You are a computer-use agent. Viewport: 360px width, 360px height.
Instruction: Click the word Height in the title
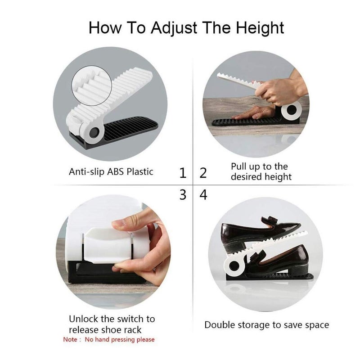point(260,28)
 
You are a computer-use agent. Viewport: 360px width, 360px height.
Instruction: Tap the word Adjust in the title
point(174,28)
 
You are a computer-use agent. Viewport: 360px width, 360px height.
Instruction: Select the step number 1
point(183,173)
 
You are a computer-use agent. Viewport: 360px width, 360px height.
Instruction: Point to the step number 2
point(203,173)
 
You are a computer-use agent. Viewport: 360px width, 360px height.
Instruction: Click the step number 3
point(183,195)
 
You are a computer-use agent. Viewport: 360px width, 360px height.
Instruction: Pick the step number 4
point(203,195)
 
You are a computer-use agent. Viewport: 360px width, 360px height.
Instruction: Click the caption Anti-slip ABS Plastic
point(111,172)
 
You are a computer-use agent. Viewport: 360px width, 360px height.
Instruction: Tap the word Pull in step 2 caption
point(239,166)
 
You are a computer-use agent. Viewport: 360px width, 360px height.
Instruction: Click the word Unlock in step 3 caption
point(83,319)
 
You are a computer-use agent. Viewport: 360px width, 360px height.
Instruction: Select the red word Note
point(70,339)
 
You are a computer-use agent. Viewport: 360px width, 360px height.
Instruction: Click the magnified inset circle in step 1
point(92,86)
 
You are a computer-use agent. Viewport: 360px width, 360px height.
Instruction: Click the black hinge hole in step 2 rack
point(292,110)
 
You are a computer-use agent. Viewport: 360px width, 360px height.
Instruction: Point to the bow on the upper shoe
point(270,221)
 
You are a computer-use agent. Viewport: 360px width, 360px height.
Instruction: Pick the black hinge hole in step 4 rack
point(234,266)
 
